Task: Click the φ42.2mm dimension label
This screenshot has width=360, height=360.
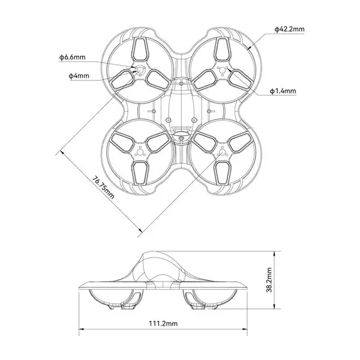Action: (289, 28)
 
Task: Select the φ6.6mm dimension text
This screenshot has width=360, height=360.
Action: (73, 57)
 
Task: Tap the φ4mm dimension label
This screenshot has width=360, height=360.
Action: (79, 76)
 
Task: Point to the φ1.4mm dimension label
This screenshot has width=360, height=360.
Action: (283, 91)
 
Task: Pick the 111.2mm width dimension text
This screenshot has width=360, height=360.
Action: (163, 323)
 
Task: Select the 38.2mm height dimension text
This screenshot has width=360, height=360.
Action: (271, 280)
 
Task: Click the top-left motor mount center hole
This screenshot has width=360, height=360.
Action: (140, 70)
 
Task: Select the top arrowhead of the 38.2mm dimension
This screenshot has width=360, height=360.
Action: (277, 253)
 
